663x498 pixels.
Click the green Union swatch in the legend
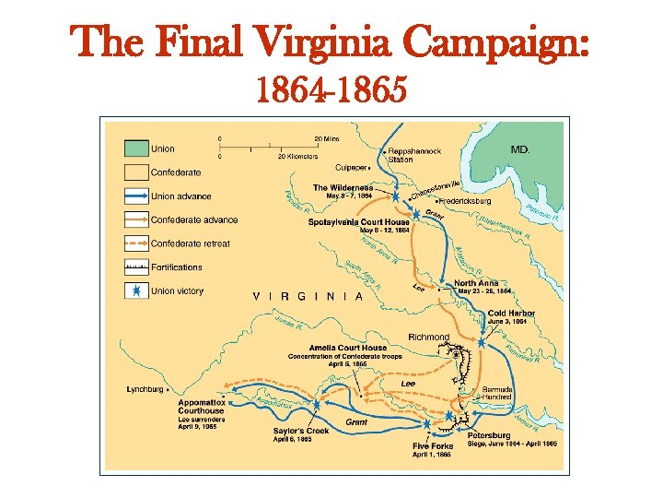click(x=136, y=148)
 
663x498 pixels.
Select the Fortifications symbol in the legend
click(x=136, y=267)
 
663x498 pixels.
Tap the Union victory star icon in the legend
click(x=136, y=291)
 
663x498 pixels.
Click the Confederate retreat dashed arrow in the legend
click(x=136, y=243)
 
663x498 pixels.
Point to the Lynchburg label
click(x=145, y=389)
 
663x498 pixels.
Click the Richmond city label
click(x=428, y=338)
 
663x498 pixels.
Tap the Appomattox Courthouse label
click(x=201, y=408)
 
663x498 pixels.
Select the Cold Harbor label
click(x=511, y=314)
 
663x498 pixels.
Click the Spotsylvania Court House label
click(x=359, y=221)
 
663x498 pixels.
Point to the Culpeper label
click(x=350, y=168)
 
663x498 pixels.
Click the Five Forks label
click(x=431, y=446)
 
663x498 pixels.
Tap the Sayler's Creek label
click(x=301, y=431)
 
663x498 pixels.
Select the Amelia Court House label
click(x=348, y=348)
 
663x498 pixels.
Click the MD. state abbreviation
click(x=520, y=149)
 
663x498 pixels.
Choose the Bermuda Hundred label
click(x=503, y=393)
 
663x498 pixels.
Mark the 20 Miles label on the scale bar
click(x=326, y=138)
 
